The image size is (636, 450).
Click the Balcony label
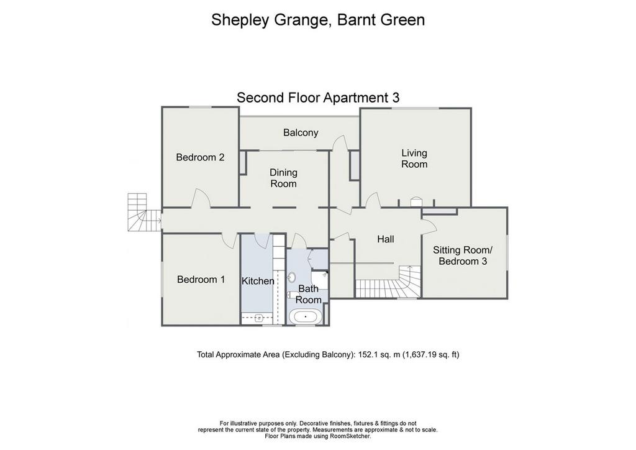point(301,132)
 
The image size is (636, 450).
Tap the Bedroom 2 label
point(200,157)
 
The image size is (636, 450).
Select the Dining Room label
point(283,178)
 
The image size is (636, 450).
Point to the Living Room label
point(414,158)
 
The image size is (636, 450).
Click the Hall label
point(385,239)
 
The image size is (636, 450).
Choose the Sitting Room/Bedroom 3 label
point(462,255)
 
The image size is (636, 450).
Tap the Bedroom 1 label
point(201,280)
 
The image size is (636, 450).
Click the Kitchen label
point(258,281)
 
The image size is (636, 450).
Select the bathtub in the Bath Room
point(304,317)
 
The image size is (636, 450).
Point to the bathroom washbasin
point(291,278)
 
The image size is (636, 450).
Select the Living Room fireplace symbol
point(416,202)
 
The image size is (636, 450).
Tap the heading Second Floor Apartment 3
point(318,98)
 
